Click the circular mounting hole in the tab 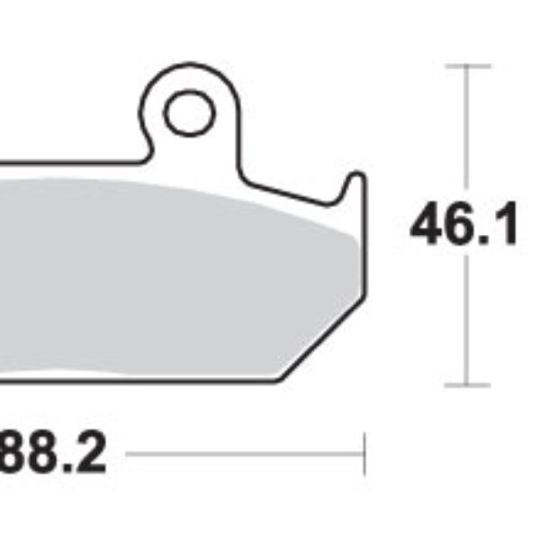click(x=189, y=112)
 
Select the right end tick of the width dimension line click(x=364, y=454)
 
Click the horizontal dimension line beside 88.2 click(x=243, y=454)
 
